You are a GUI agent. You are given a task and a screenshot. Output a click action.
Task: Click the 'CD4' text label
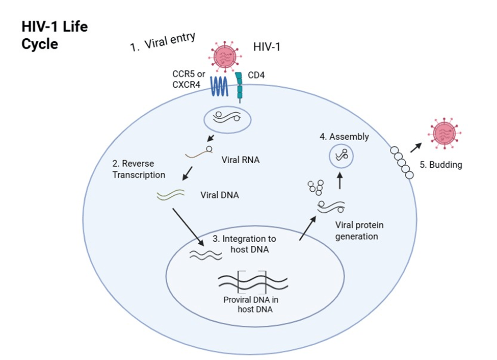(257, 75)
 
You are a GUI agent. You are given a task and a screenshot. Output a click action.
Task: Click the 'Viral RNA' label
(241, 160)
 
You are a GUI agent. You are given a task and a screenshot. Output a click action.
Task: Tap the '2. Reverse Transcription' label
(139, 169)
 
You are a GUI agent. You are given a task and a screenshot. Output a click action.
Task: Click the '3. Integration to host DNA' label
(247, 243)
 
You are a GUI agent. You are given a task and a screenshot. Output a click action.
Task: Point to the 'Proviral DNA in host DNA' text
(251, 304)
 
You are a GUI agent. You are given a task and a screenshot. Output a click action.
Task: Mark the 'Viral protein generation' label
(359, 230)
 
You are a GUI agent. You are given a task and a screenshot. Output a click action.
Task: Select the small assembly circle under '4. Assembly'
(341, 155)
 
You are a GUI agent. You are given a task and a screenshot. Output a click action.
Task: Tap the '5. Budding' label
(440, 165)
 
